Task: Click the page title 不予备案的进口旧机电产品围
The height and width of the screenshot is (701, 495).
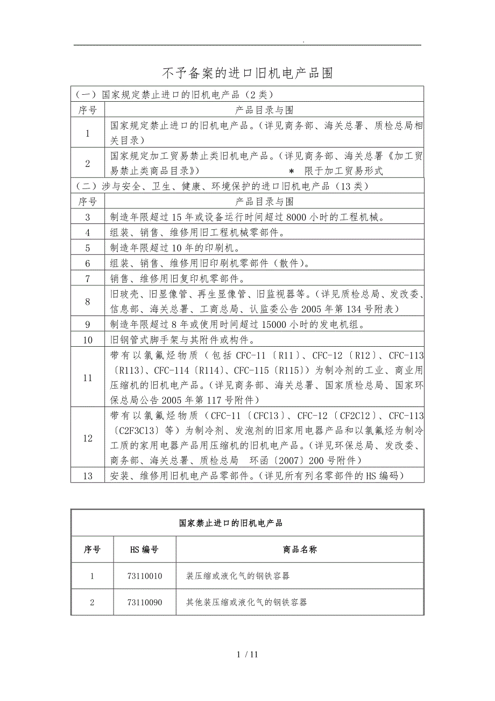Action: click(x=247, y=73)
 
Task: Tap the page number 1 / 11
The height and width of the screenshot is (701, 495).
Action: click(x=247, y=655)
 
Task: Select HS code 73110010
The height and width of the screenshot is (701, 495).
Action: click(x=146, y=576)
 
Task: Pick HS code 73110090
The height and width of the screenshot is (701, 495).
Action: click(x=146, y=602)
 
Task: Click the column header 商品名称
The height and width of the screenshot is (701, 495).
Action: click(x=300, y=550)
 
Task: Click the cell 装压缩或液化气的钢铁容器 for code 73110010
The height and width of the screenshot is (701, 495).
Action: click(x=238, y=576)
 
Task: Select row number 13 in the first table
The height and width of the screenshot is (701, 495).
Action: click(x=88, y=476)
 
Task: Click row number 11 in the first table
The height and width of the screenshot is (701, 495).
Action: click(x=88, y=378)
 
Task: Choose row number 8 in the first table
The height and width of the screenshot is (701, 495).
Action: click(x=88, y=302)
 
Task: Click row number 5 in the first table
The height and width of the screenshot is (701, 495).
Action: click(x=88, y=248)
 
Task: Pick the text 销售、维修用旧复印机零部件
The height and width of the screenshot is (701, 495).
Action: click(x=176, y=279)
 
